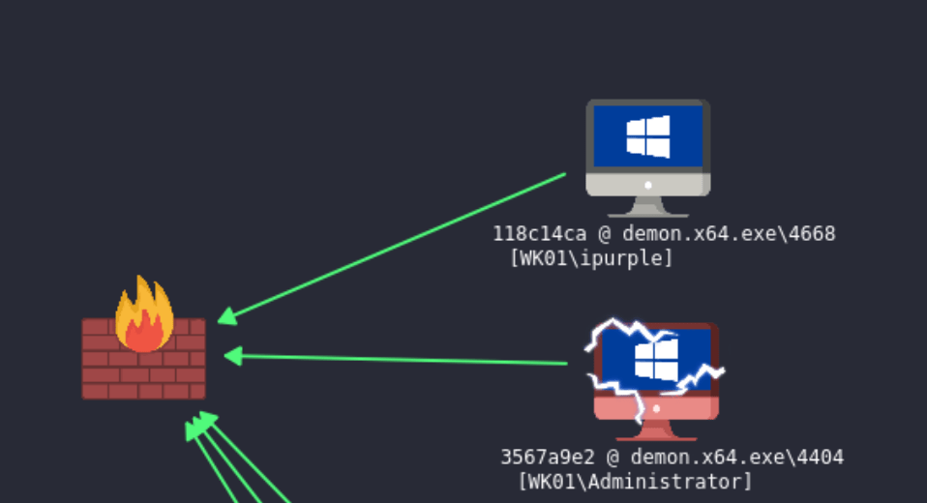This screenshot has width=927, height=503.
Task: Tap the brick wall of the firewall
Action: pos(143,372)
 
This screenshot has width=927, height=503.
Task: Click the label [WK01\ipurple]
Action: pos(590,258)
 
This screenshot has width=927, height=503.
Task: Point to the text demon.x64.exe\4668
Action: pos(728,234)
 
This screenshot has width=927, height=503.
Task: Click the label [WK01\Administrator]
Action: pos(635,481)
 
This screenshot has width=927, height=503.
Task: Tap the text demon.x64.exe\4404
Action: pos(736,457)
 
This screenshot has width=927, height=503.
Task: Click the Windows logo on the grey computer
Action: pos(648,136)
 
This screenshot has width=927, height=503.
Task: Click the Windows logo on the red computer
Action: pos(657,358)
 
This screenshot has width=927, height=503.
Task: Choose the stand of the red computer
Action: pos(656,430)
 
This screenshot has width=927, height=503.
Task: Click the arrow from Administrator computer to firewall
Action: pos(397,360)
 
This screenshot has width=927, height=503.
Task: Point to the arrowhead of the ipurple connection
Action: pos(225,316)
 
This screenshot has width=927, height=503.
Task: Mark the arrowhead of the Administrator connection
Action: pos(231,356)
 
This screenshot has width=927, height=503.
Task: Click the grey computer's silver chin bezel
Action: pos(647,184)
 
